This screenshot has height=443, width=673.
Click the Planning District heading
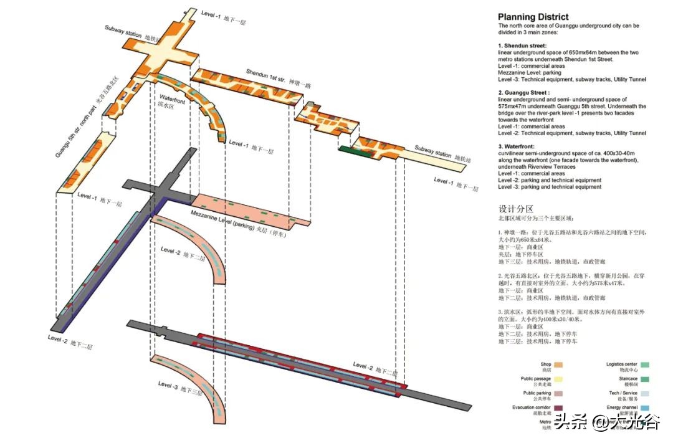tap(533, 17)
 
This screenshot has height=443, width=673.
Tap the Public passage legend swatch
tap(559, 379)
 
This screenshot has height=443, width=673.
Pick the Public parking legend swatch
tap(559, 394)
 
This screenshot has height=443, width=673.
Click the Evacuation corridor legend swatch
tap(559, 408)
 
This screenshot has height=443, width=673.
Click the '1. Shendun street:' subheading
tap(522, 46)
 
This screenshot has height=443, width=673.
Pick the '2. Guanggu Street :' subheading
tap(525, 92)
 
